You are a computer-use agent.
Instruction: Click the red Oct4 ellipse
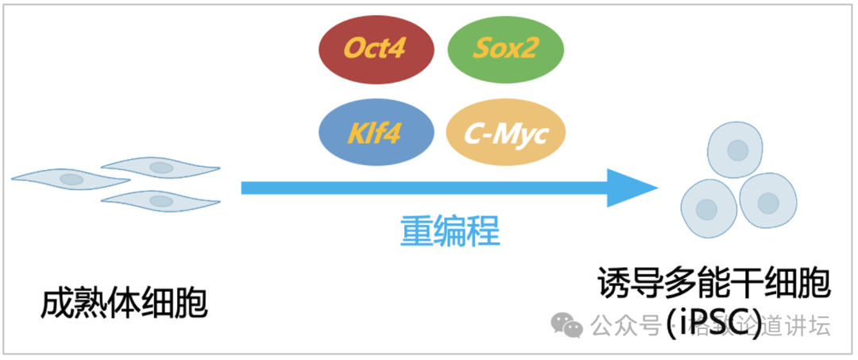pos(375,50)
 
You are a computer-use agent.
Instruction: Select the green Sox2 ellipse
pos(506,50)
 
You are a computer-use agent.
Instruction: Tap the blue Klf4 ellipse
pos(377,133)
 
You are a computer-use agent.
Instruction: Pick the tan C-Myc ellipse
pos(506,133)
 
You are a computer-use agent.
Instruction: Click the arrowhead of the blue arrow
pos(632,188)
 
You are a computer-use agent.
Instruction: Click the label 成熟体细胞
pos(124,304)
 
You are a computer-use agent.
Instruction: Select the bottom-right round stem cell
pos(767,202)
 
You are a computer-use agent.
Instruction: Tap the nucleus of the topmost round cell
pos(738,149)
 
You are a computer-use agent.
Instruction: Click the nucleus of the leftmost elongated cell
pos(71,179)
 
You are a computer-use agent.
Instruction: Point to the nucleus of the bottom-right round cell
pos(767,203)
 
